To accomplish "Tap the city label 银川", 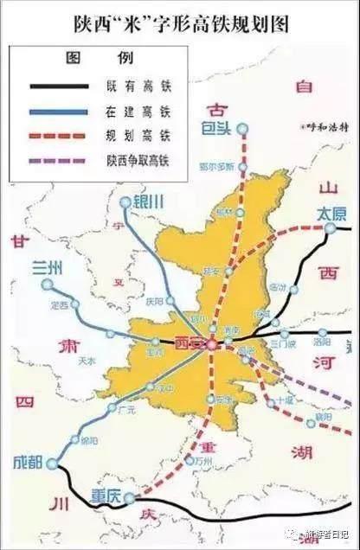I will pyautogui.click(x=150, y=201).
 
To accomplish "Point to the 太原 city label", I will pyautogui.click(x=329, y=211).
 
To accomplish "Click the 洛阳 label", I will pyautogui.click(x=310, y=342).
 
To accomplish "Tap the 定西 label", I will pyautogui.click(x=60, y=305).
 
